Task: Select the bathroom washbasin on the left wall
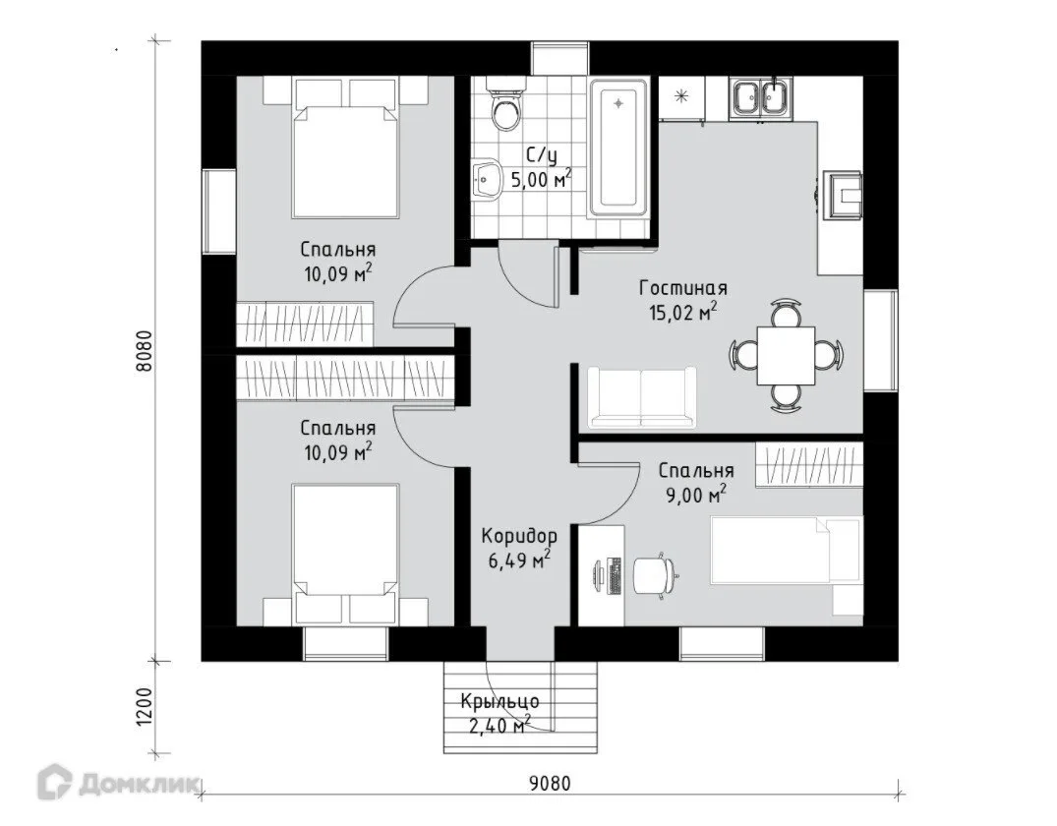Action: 484,180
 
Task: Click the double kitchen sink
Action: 761,98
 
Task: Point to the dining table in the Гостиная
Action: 786,355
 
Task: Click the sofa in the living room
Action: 642,398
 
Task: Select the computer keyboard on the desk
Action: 615,576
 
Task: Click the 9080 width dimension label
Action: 550,784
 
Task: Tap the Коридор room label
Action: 519,537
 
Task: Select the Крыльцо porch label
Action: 499,701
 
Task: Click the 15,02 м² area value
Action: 682,313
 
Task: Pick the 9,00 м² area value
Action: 696,496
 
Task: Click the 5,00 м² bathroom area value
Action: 541,179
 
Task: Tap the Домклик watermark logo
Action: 119,784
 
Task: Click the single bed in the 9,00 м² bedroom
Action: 786,550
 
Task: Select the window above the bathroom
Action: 560,59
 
